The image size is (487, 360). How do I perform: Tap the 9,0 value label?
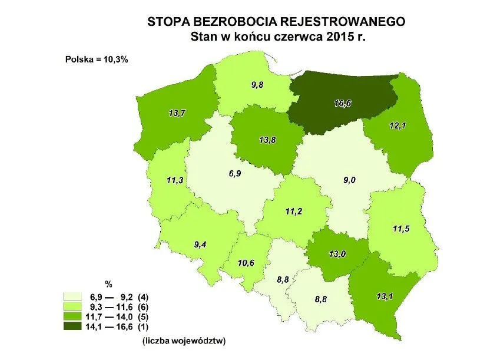350,180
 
